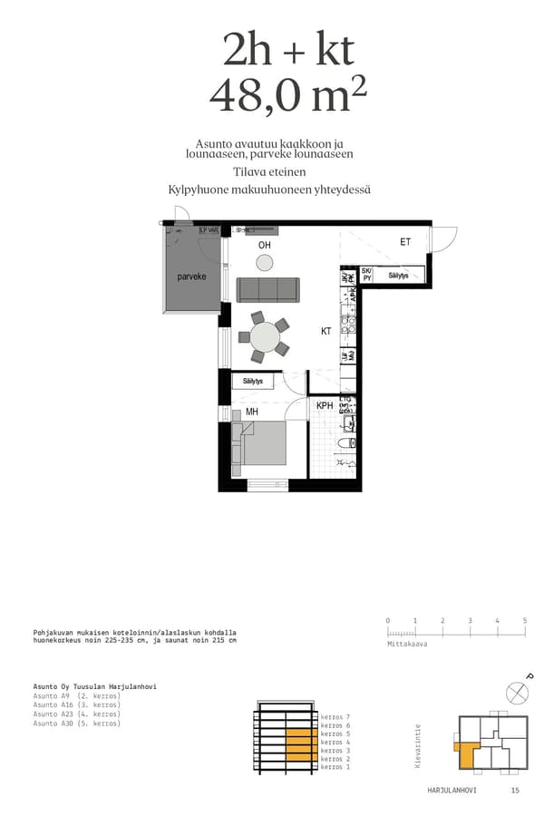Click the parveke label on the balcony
point(191,277)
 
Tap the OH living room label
point(264,246)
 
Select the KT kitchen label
point(325,332)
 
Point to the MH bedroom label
point(252,412)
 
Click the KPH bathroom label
point(324,405)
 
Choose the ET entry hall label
point(405,242)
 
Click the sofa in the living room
point(267,290)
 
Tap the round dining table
point(265,337)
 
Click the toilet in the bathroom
point(343,443)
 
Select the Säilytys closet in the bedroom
point(253,382)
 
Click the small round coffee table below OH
point(264,263)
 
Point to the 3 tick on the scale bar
point(470,621)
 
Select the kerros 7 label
point(335,717)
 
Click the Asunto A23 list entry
point(77,714)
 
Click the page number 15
point(515,791)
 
